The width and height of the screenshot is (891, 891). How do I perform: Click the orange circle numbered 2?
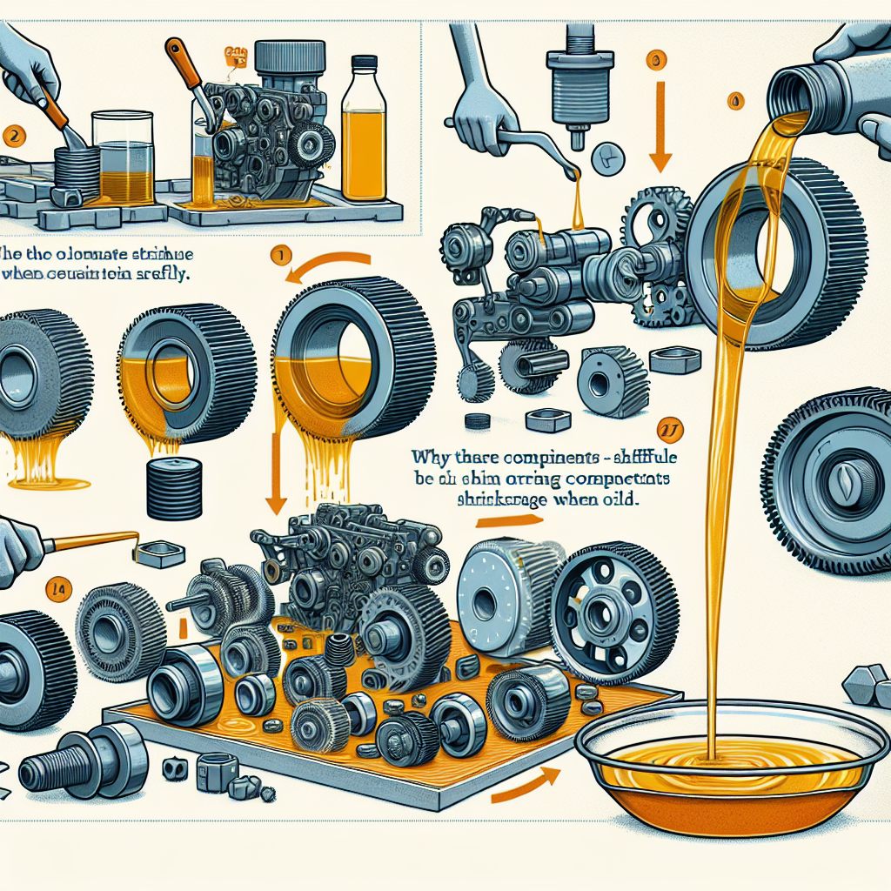(11, 135)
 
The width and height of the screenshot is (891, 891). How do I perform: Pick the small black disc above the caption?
(477, 421)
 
